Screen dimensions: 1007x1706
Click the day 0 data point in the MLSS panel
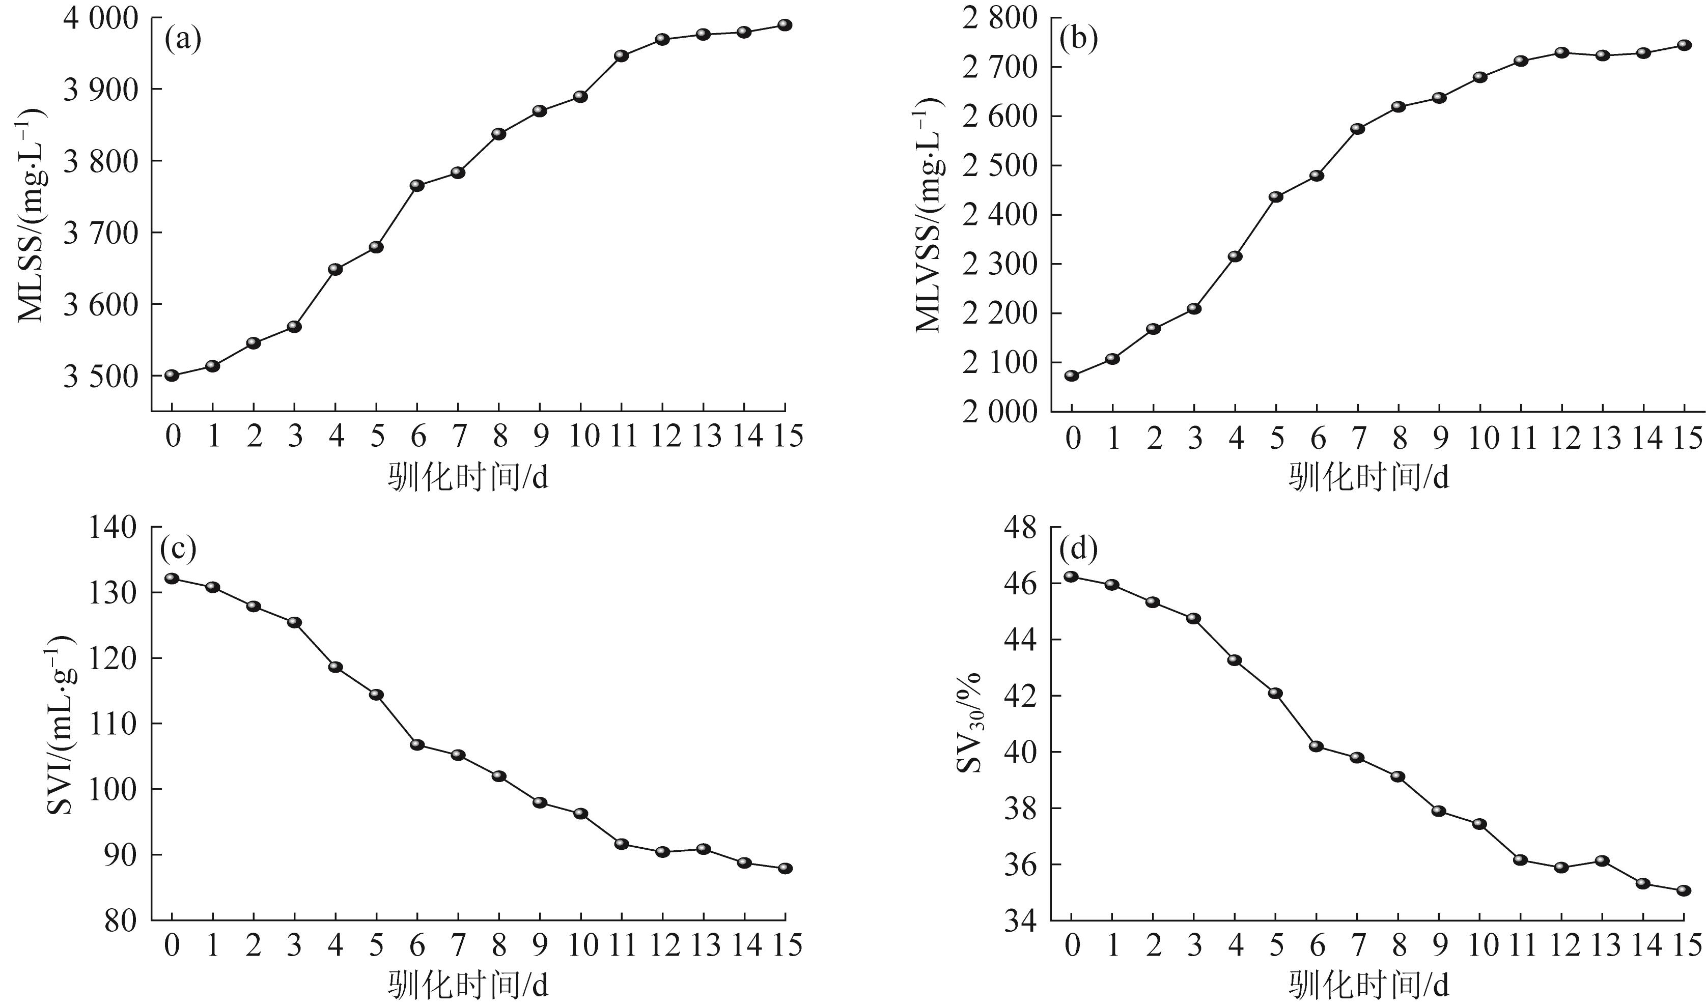[x=172, y=375]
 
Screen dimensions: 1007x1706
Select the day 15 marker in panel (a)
[x=785, y=25]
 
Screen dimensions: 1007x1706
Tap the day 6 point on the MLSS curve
[x=417, y=185]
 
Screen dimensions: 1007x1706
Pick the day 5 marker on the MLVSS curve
[x=1276, y=197]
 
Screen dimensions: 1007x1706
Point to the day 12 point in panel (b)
[x=1561, y=52]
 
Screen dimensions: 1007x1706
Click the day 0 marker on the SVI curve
[x=172, y=578]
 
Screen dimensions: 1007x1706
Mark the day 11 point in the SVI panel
[x=621, y=844]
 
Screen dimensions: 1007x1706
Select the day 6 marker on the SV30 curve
[x=1317, y=746]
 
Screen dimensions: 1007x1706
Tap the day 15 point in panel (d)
[x=1684, y=890]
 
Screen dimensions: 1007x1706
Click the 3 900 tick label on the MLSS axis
[x=99, y=90]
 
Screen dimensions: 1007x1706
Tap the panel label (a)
[x=183, y=41]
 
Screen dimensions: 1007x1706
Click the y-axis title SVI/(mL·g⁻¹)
[x=61, y=724]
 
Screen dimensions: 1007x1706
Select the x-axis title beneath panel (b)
[x=1368, y=478]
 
